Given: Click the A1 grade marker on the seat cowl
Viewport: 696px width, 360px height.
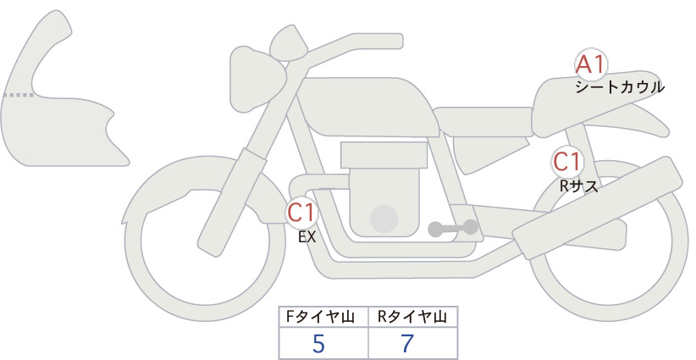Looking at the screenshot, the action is point(591,64).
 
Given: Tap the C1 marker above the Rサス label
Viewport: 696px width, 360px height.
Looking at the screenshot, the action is point(567,162).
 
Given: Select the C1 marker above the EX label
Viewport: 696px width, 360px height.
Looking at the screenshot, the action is point(301,212).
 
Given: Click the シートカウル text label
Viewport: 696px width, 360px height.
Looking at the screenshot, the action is point(620,87).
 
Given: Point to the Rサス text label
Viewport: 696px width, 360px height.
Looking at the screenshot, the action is point(579,186).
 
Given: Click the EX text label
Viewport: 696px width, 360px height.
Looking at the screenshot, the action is point(307,237).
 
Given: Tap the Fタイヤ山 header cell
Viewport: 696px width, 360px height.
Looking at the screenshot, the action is point(323,317).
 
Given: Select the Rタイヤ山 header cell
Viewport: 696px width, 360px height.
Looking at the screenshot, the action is point(413,317).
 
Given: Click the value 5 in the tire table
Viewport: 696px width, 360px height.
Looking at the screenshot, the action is point(318,344).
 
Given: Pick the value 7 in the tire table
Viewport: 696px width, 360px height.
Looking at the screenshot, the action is point(407,344).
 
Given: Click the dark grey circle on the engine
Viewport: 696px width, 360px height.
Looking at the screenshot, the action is point(384,219).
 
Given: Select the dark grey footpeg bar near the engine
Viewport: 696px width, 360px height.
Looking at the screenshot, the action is point(453,228).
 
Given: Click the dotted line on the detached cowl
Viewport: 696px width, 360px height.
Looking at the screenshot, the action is point(19,95).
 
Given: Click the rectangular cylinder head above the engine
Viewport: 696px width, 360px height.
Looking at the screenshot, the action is point(384,155).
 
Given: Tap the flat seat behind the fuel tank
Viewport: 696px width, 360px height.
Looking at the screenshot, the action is point(483,122).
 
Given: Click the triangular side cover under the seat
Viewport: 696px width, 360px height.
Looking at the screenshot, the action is point(489,153).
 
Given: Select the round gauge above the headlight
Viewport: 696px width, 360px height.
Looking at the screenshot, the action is point(289,44).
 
